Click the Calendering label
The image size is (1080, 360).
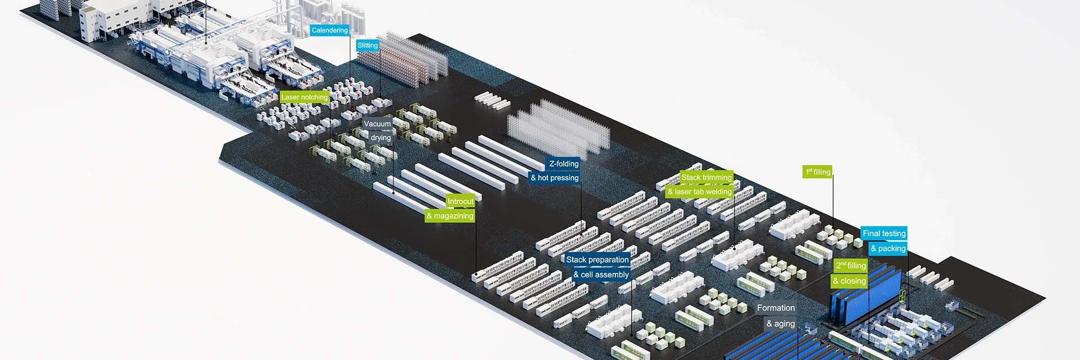pos(330,30)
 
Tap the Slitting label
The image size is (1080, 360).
pos(367,46)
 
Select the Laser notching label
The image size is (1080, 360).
pos(304,97)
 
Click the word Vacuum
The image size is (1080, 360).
pos(377,124)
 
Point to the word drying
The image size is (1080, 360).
pos(380,138)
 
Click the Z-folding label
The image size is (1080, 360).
pos(564,164)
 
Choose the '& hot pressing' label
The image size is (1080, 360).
pos(555,178)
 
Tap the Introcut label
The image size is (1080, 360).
pos(460,201)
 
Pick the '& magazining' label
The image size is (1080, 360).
pos(450,216)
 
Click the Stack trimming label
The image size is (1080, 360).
pos(706,177)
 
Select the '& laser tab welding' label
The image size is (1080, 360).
pos(699,192)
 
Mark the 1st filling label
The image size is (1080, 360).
pos(817,172)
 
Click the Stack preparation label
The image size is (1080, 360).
pos(597,260)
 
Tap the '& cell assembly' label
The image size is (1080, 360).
pos(601,275)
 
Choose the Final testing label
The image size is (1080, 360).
pos(884,233)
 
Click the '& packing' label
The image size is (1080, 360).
pos(888,249)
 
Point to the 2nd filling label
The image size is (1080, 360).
pos(850,265)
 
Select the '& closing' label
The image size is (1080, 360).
pos(849,281)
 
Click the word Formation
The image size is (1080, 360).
pos(776,308)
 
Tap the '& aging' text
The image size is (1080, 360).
pos(780,324)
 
